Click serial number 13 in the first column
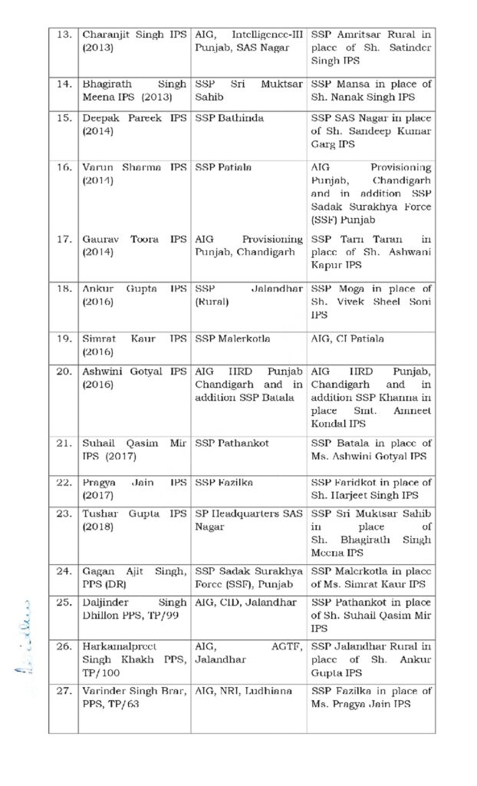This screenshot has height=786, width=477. click(x=64, y=35)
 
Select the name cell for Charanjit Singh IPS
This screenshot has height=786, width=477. click(x=134, y=41)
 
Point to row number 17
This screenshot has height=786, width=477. click(x=64, y=239)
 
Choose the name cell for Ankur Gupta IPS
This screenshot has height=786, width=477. click(x=134, y=295)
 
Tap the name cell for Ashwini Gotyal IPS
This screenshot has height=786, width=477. click(x=134, y=378)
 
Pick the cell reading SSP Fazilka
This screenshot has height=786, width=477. click(x=225, y=482)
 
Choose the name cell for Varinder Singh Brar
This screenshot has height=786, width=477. click(x=134, y=698)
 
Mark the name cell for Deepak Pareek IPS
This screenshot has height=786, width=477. click(x=134, y=125)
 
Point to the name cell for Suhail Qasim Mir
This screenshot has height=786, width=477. click(x=134, y=450)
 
